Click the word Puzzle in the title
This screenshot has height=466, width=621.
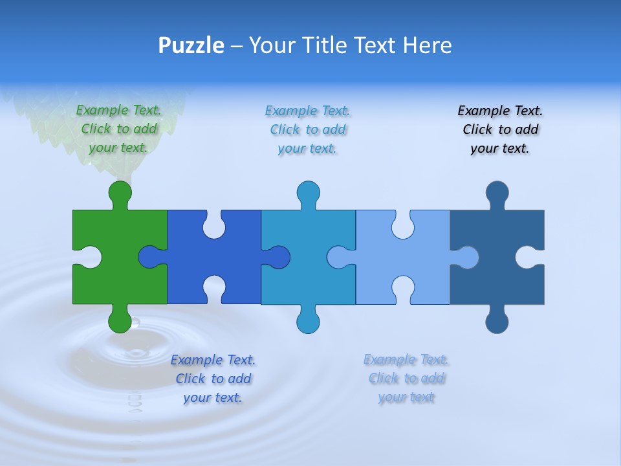pyautogui.click(x=191, y=45)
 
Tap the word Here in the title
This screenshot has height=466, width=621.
pyautogui.click(x=427, y=45)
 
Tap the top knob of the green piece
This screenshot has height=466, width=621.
pyautogui.click(x=120, y=192)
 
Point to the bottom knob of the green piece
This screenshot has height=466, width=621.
pyautogui.click(x=120, y=321)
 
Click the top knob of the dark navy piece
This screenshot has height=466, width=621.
pyautogui.click(x=497, y=192)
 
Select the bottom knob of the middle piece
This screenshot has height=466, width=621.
pyautogui.click(x=308, y=322)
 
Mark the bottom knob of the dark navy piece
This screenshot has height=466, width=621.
pyautogui.click(x=497, y=322)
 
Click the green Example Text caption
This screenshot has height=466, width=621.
pyautogui.click(x=118, y=129)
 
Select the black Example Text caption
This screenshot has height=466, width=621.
pyautogui.click(x=500, y=129)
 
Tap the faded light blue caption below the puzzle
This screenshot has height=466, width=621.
pyautogui.click(x=406, y=378)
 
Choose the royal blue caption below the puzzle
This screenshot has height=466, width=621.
pyautogui.click(x=213, y=379)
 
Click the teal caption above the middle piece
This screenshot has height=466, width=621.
pyautogui.click(x=308, y=129)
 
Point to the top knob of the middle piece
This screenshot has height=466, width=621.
pyautogui.click(x=308, y=192)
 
